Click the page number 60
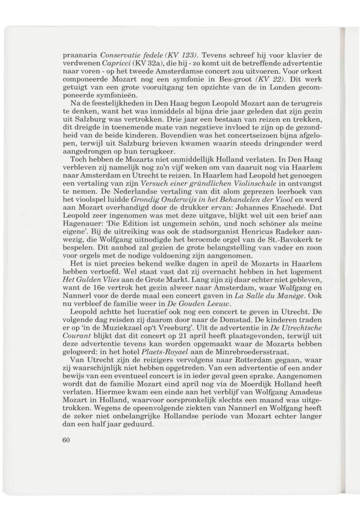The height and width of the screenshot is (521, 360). [x=68, y=440]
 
